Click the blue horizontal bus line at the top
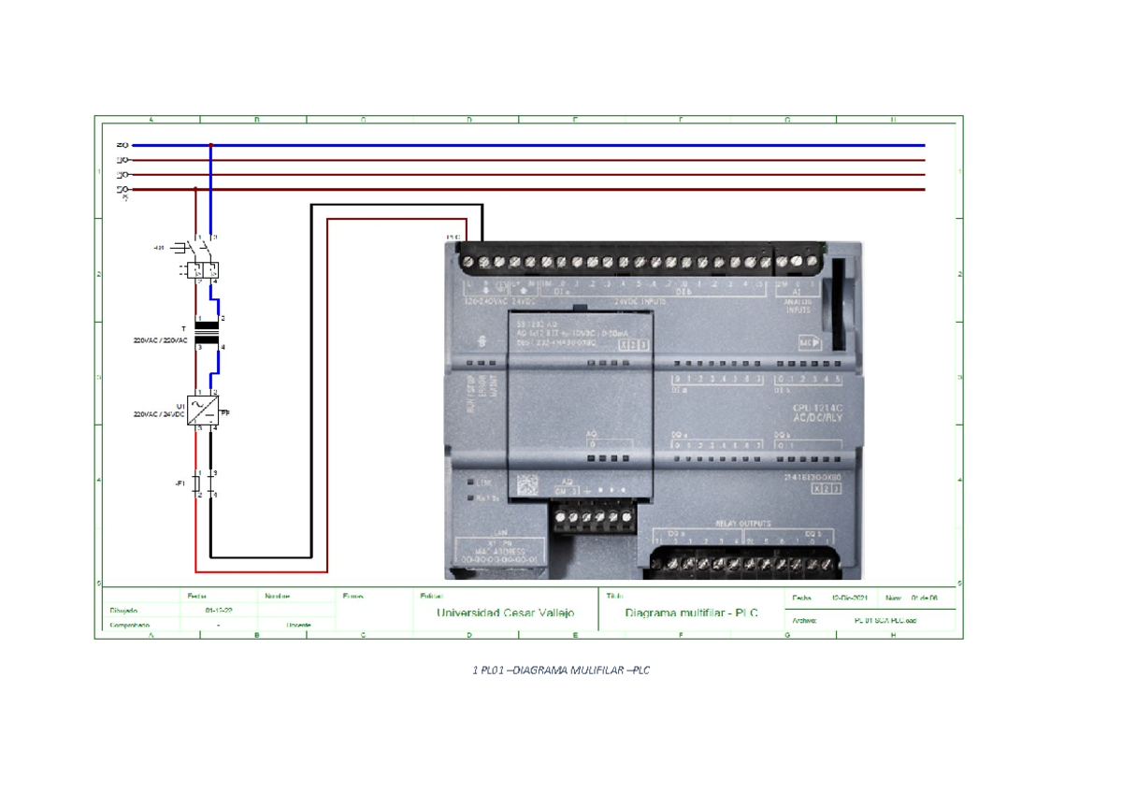[561, 146]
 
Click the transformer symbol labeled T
[205, 333]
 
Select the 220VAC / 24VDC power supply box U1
[203, 411]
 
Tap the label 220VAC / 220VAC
[161, 340]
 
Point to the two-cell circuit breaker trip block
[204, 270]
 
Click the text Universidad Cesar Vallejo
[505, 613]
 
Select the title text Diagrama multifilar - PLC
[691, 613]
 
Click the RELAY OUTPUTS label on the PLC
[743, 523]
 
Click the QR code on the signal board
[526, 484]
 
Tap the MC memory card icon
[808, 342]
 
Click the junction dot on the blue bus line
[211, 146]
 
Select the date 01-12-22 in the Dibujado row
[219, 610]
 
